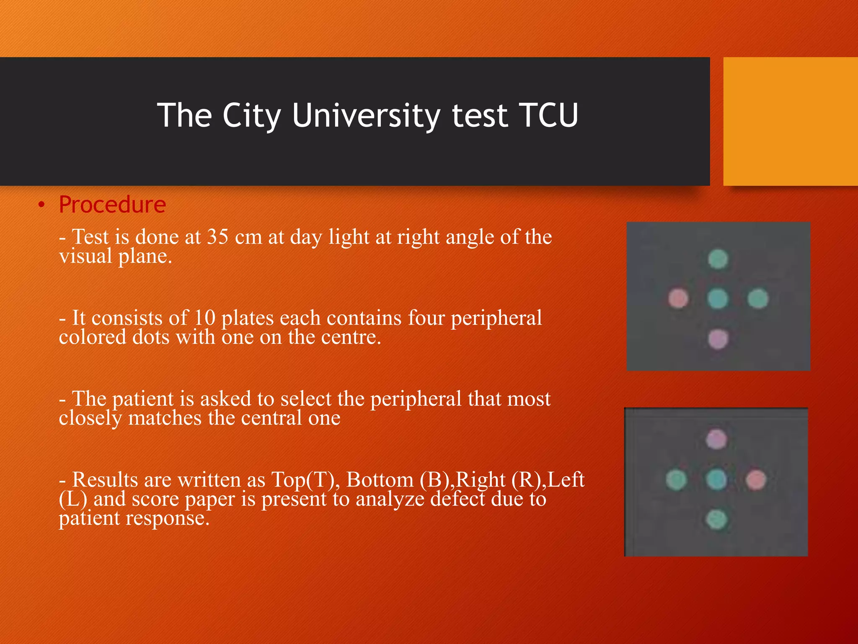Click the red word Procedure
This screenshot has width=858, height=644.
click(112, 205)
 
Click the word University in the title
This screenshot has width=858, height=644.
click(366, 115)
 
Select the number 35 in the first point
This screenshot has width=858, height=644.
click(218, 237)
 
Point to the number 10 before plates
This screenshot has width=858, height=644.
click(204, 318)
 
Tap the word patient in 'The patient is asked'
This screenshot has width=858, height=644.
click(143, 399)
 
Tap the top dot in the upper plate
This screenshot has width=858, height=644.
click(718, 259)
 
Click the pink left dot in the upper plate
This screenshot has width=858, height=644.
click(678, 299)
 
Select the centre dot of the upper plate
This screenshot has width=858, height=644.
click(718, 299)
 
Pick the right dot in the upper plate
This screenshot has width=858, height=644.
click(758, 299)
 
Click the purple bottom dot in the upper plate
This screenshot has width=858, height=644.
click(718, 339)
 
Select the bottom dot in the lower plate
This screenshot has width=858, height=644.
click(716, 520)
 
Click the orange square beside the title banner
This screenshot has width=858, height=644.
click(790, 122)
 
